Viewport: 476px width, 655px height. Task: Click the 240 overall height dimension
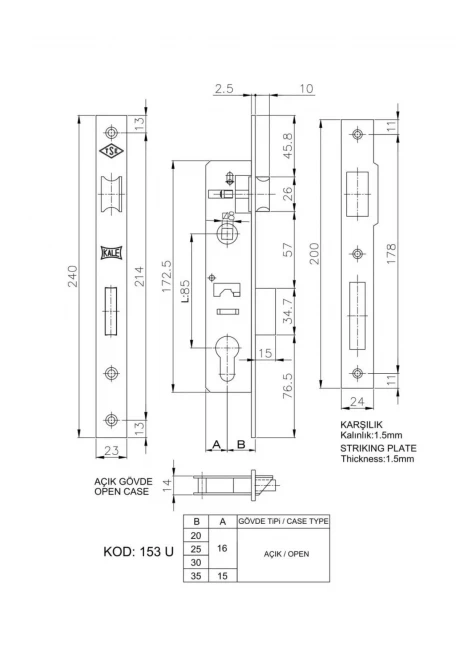point(73,276)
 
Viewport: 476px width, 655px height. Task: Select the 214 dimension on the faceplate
point(139,276)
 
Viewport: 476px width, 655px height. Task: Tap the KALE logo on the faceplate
point(111,253)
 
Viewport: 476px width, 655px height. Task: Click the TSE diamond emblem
point(111,151)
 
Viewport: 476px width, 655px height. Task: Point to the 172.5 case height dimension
point(166,276)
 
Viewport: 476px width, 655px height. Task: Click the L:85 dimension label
point(186,290)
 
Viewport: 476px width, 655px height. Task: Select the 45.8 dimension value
point(288,146)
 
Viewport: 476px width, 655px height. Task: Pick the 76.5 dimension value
point(288,385)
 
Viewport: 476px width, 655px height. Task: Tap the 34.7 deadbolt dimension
point(288,311)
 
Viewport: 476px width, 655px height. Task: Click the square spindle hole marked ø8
point(229,233)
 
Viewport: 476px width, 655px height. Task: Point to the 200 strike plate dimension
point(314,253)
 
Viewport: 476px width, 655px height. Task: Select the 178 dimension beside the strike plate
point(391,253)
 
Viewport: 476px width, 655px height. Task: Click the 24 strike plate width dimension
point(357,401)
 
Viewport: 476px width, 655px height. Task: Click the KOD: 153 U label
point(138,552)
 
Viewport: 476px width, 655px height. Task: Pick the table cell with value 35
point(196,576)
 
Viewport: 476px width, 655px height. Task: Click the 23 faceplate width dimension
point(111,451)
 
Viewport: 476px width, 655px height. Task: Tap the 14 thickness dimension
point(167,485)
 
